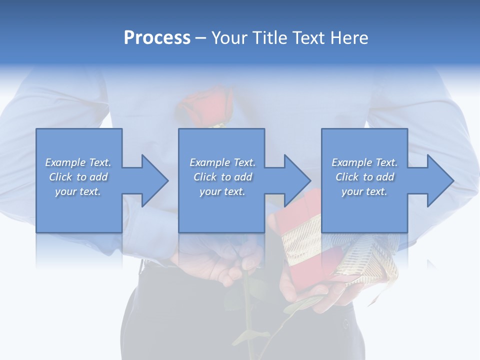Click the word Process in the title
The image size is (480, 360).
[x=157, y=38]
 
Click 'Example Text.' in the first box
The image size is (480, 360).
[x=78, y=162]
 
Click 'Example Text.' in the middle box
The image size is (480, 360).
[x=222, y=162]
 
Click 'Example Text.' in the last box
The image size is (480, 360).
[x=364, y=162]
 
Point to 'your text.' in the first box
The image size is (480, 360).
[x=78, y=191]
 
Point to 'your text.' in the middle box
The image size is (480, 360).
[x=222, y=191]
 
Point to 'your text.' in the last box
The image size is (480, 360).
[x=364, y=191]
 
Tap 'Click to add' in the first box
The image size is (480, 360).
[x=78, y=177]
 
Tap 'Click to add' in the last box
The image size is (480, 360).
[x=364, y=177]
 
